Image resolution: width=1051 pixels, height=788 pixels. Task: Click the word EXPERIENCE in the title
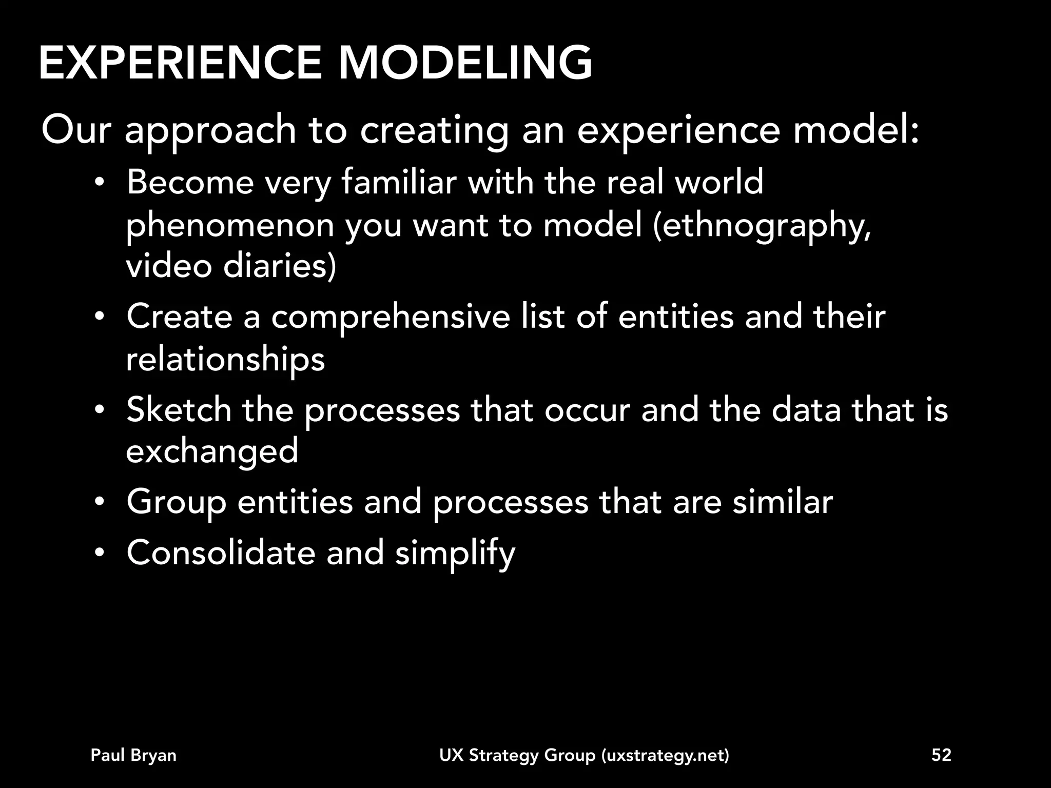point(180,63)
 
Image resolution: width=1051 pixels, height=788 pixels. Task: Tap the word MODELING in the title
point(465,63)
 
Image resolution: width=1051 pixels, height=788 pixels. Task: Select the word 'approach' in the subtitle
point(210,131)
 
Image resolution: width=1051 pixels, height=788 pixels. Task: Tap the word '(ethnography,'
point(762,226)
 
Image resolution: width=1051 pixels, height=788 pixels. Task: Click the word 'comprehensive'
point(391,317)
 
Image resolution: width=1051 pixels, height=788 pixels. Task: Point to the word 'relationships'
point(225,360)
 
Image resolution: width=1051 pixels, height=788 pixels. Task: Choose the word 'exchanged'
point(212,451)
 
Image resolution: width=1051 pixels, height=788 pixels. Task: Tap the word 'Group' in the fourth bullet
point(177,503)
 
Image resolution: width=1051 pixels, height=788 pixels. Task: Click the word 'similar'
point(782,502)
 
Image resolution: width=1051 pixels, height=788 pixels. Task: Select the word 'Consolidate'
point(221,553)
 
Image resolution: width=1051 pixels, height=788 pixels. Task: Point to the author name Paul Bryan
point(133,755)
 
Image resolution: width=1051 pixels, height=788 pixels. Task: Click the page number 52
point(941,755)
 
